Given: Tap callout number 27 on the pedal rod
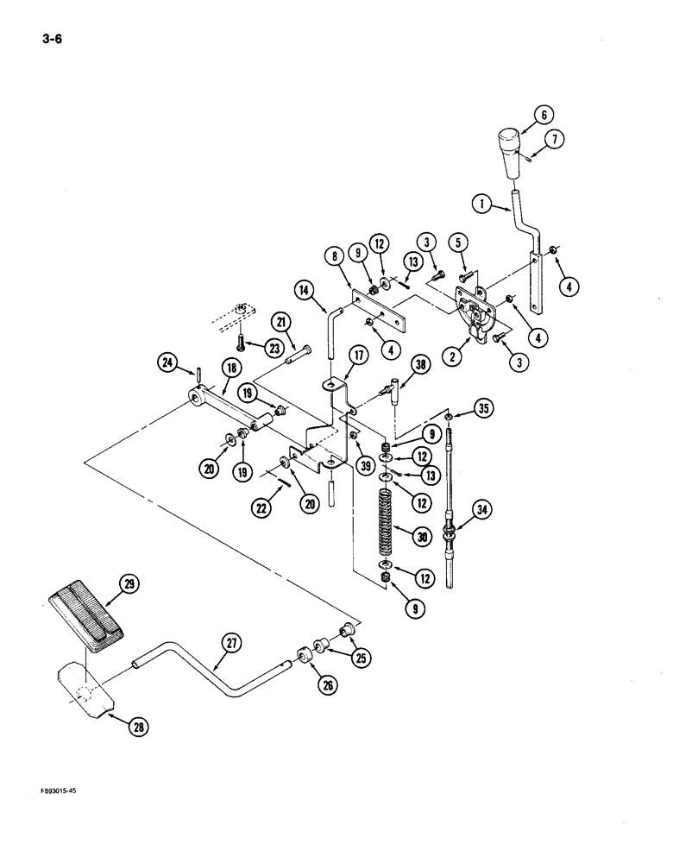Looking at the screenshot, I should click(x=232, y=643).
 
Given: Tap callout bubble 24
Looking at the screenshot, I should click(x=168, y=362).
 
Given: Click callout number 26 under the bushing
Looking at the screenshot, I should click(x=326, y=684).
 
